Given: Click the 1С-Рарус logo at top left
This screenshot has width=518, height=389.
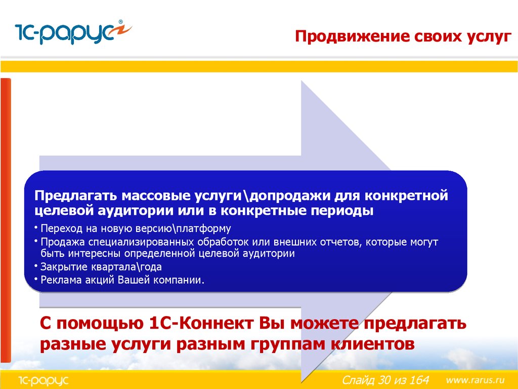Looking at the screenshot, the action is point(73,32).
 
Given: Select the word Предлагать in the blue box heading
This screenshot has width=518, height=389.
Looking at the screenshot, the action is point(76,196).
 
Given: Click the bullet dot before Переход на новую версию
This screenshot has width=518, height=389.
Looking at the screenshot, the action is point(36,227).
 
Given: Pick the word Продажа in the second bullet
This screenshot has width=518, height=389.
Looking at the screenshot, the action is point(63,243).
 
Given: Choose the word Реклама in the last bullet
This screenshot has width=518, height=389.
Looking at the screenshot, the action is point(61,280).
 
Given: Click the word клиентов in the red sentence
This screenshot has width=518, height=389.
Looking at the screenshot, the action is point(373,344).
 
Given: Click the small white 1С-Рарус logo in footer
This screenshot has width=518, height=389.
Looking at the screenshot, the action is point(44,380).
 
